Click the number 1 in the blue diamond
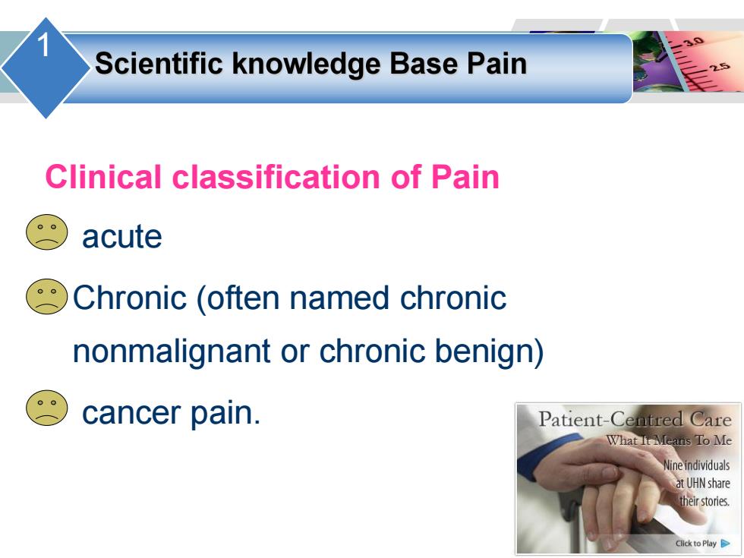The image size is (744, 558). (43, 46)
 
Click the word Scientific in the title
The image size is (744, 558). (159, 64)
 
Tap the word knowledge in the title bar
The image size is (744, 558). (306, 65)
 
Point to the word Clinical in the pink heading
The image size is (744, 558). (103, 177)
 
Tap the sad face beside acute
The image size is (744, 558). (46, 232)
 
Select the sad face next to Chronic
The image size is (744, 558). (46, 297)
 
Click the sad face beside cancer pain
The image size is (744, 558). (46, 408)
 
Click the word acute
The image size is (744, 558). (122, 237)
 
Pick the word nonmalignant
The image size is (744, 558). (172, 352)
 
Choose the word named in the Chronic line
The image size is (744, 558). (339, 298)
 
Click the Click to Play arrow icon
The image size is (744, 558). (726, 544)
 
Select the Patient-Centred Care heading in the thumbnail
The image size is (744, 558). (635, 419)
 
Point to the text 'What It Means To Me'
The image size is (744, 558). (669, 440)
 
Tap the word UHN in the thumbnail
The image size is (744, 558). (696, 484)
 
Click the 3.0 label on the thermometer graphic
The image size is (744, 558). (692, 42)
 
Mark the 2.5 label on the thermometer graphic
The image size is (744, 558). (720, 67)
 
